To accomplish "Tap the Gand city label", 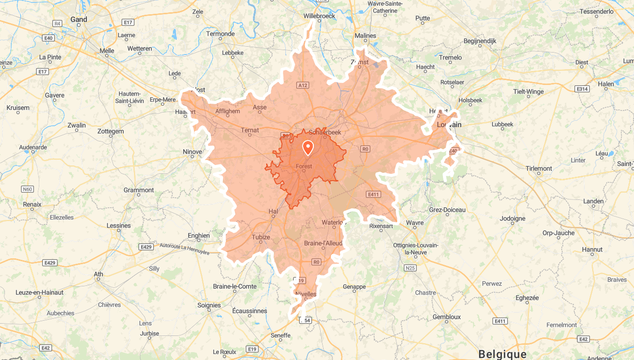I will (79, 20).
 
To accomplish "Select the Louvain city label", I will (449, 125).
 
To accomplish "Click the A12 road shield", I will (303, 85).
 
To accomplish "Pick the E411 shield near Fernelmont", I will (499, 321).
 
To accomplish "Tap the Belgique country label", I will (502, 354).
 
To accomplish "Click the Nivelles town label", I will (305, 295).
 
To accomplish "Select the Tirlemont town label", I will (539, 168).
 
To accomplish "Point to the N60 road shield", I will (28, 189).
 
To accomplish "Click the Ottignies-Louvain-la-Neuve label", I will (416, 249).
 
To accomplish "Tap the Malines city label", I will (365, 35).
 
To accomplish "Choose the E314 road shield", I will (582, 89).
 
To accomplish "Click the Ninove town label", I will (192, 152).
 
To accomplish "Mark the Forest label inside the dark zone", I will (304, 166).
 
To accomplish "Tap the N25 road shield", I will (410, 268).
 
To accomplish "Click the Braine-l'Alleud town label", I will (323, 243).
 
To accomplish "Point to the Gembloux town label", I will (446, 317).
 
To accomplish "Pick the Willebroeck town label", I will (319, 16).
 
